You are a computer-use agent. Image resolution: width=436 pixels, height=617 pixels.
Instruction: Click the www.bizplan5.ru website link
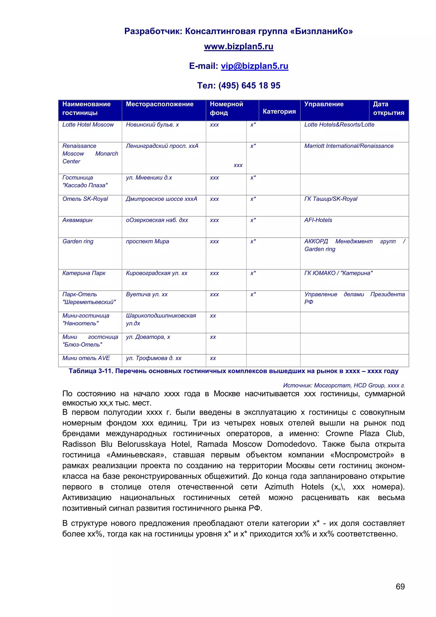tap(238, 46)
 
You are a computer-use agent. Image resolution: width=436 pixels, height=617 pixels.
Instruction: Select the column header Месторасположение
tap(159, 104)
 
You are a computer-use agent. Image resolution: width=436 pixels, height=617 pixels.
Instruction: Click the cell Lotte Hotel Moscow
tap(88, 125)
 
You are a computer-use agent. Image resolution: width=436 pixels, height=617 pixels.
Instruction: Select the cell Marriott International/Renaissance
tap(349, 146)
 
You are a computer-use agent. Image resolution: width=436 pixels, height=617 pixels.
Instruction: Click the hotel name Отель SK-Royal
tap(85, 199)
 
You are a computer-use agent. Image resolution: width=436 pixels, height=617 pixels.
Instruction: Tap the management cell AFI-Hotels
tap(318, 220)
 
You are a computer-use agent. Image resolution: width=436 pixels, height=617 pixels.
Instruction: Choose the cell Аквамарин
tap(77, 220)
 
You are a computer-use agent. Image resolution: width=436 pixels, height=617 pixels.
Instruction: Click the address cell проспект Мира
tap(147, 241)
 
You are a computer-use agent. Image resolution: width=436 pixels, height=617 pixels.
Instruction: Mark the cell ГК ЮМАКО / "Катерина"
tap(338, 273)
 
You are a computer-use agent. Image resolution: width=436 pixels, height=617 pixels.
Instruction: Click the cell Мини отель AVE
tap(86, 358)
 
